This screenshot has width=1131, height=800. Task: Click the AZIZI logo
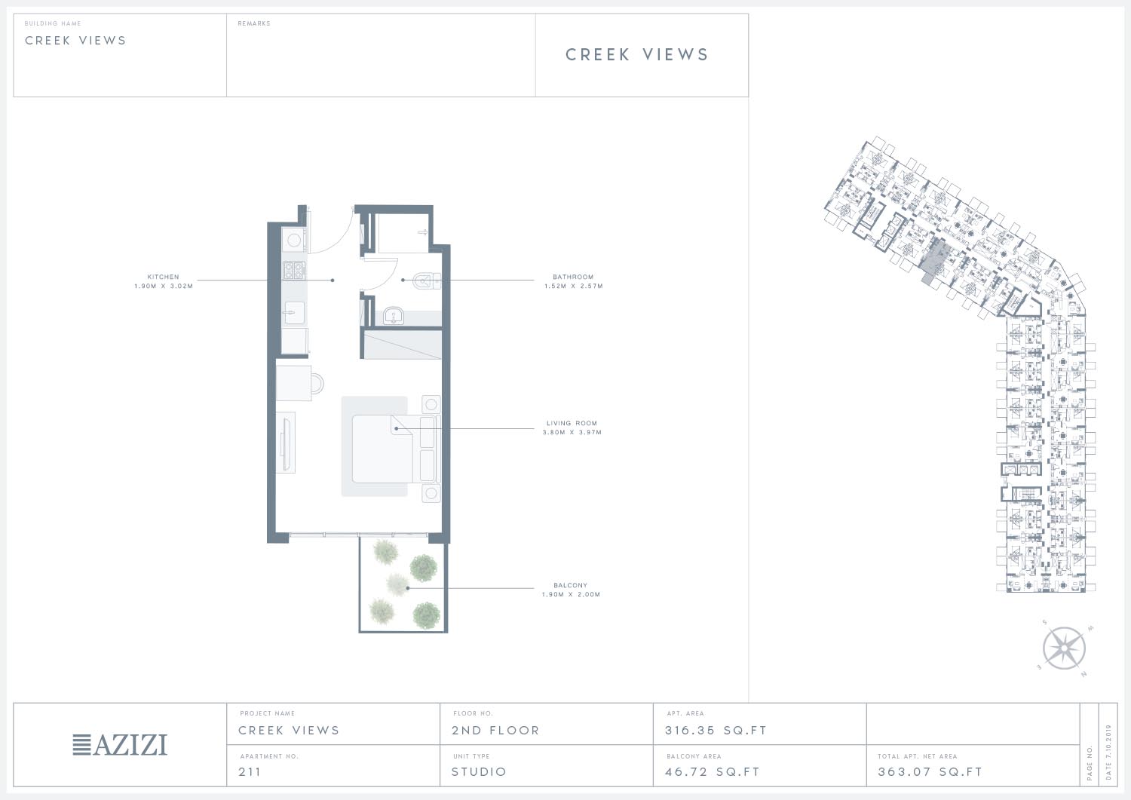coord(120,744)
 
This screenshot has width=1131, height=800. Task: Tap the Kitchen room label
coord(163,277)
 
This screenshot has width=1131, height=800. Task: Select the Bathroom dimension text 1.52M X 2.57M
coord(574,286)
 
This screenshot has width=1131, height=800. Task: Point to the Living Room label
coord(572,423)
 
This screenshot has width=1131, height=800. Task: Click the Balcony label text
coord(571,585)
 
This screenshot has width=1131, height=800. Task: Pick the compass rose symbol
coord(1065,648)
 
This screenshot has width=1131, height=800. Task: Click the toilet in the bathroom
coord(427,280)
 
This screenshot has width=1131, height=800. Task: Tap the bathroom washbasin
coord(394,316)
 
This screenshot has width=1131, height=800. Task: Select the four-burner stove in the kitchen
coord(294,270)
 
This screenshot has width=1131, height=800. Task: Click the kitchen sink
coord(294,313)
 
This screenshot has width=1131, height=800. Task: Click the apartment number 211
coord(250,771)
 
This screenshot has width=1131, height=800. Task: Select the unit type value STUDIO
coord(479,771)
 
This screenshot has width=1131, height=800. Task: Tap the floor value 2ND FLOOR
coord(496,731)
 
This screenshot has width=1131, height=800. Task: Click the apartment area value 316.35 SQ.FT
coord(716,731)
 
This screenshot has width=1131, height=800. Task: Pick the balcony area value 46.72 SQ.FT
coord(713,771)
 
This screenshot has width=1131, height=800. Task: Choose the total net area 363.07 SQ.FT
coord(930,771)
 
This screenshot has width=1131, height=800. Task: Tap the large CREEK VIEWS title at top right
coord(637,54)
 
